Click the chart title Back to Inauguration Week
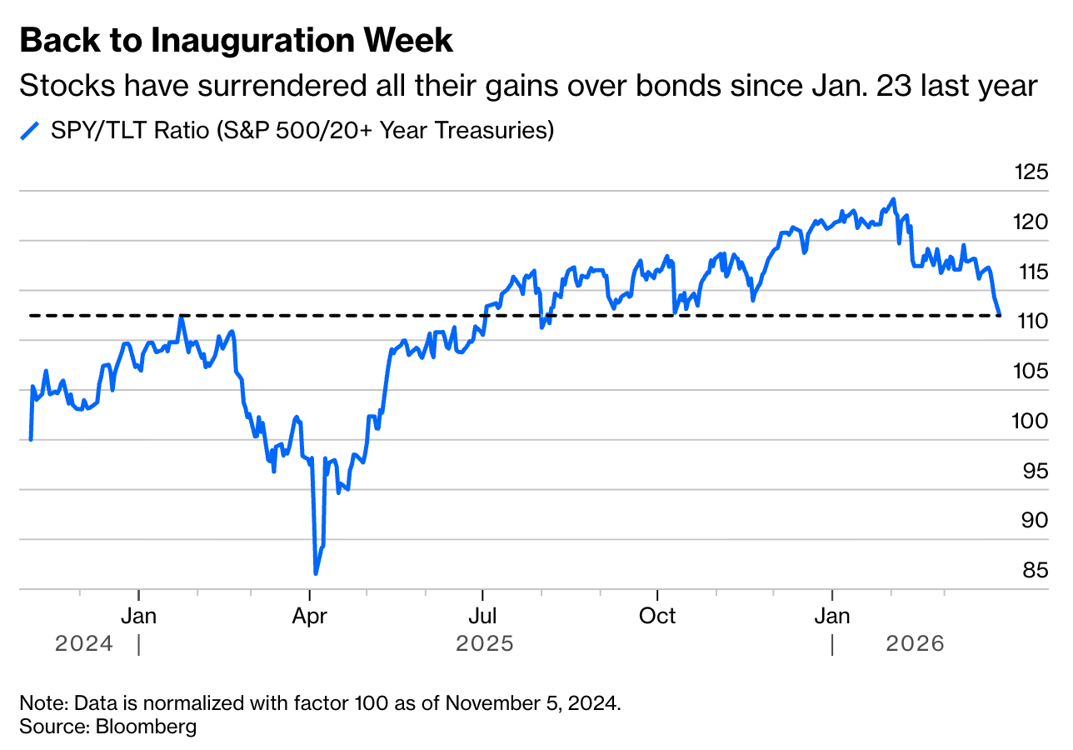[236, 40]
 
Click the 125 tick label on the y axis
[1031, 172]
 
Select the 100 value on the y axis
[1031, 422]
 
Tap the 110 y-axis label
[1031, 322]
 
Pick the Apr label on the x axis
[310, 617]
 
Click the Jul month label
[482, 617]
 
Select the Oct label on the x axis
[657, 617]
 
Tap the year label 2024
[84, 644]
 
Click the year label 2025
[485, 644]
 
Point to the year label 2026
[916, 644]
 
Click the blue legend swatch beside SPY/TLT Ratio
[30, 131]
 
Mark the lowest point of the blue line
[316, 573]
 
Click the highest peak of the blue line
[894, 199]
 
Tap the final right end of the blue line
[1000, 315]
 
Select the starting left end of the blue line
[31, 439]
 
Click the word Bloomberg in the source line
[147, 726]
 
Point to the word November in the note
[487, 702]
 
